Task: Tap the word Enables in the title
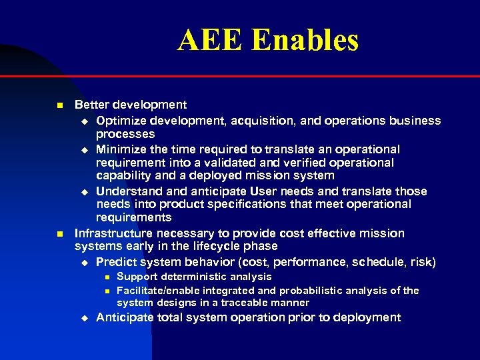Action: [306, 40]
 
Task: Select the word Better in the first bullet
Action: [92, 105]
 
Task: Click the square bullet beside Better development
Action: [59, 105]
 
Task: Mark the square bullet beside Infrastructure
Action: [59, 234]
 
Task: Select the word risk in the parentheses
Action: [421, 262]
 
